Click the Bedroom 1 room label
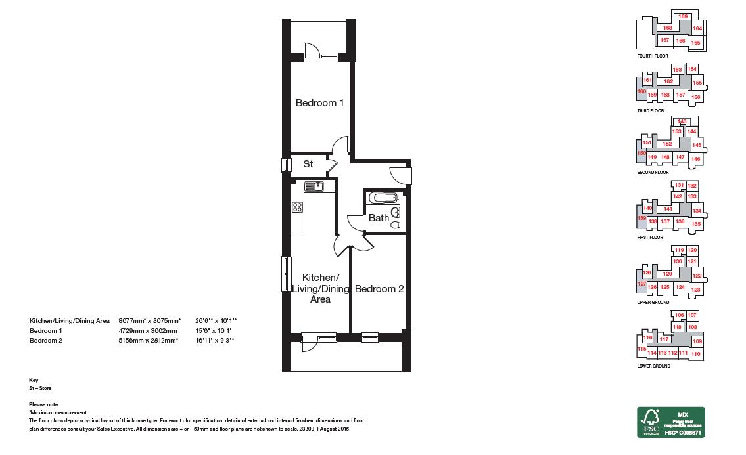pyautogui.click(x=319, y=103)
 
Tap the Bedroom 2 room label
pyautogui.click(x=379, y=289)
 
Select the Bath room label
pyautogui.click(x=379, y=218)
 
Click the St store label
pyautogui.click(x=308, y=164)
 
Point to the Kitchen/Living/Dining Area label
pyautogui.click(x=320, y=289)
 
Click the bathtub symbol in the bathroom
pyautogui.click(x=383, y=198)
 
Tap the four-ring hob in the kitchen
pyautogui.click(x=297, y=207)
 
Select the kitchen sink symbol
pyautogui.click(x=314, y=186)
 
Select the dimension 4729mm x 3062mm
pyautogui.click(x=148, y=331)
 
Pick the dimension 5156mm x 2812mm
pyautogui.click(x=148, y=341)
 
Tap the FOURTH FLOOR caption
pyautogui.click(x=653, y=56)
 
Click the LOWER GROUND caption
pyautogui.click(x=654, y=366)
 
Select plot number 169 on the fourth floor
pyautogui.click(x=683, y=16)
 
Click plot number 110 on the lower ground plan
pyautogui.click(x=696, y=354)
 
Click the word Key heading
pyautogui.click(x=34, y=380)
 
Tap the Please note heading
pyautogui.click(x=43, y=404)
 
